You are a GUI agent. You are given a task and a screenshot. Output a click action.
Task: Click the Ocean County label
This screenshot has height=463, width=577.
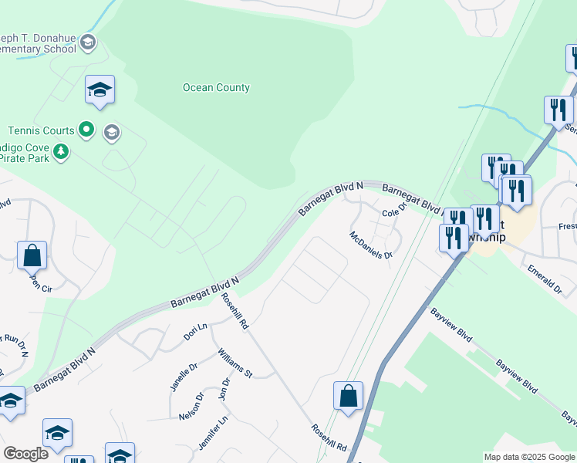216,88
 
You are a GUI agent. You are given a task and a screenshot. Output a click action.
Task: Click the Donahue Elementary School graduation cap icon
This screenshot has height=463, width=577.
88,42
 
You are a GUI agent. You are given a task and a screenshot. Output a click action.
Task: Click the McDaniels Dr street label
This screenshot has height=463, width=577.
371,245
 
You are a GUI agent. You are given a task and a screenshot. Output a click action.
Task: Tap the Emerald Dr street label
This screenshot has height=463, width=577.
545,278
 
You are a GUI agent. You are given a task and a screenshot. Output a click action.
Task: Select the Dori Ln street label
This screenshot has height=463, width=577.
195,333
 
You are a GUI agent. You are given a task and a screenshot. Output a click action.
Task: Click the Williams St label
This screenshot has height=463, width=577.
235,362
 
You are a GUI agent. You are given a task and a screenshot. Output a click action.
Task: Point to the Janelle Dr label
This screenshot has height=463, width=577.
183,377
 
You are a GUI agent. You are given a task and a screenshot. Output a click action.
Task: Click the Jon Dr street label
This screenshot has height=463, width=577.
225,388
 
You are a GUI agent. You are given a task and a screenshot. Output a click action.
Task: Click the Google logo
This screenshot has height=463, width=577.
25,454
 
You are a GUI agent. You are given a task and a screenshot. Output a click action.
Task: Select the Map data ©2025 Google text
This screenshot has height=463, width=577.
528,457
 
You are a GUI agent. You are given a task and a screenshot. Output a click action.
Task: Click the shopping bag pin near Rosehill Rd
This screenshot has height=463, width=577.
348,396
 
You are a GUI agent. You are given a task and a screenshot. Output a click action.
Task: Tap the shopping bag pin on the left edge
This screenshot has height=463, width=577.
32,255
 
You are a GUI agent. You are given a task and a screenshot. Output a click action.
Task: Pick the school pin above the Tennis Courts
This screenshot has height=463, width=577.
100,90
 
